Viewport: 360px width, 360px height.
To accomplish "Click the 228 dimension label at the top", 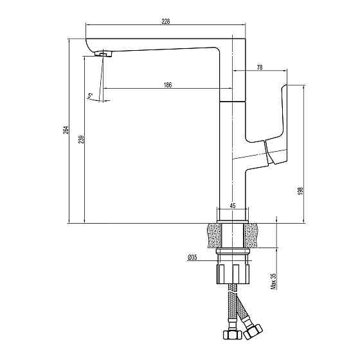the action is click(x=166, y=21).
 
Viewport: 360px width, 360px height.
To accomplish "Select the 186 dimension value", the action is click(x=168, y=85).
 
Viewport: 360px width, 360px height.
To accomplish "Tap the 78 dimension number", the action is click(x=260, y=67).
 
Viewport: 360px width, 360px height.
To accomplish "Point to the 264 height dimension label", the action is click(x=66, y=130).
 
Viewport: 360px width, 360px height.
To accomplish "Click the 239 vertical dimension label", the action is click(x=81, y=139).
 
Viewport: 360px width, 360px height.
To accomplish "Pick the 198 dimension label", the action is click(x=300, y=191).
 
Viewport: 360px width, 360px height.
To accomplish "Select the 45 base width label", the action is click(x=233, y=206).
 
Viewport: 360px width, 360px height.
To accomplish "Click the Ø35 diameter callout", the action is click(x=192, y=257).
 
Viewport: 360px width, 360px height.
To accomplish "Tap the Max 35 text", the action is click(x=273, y=282).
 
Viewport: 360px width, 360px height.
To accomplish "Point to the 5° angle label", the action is click(x=90, y=95).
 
